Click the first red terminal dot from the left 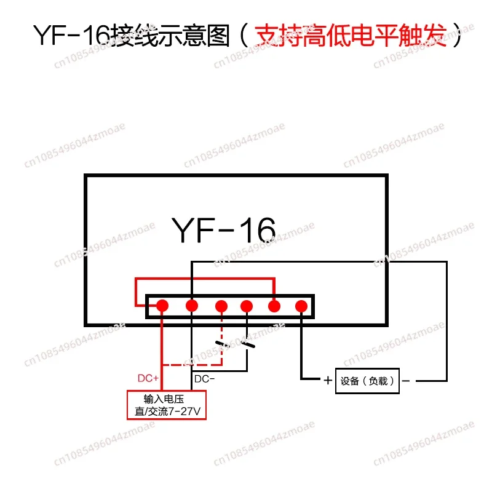(x=162, y=306)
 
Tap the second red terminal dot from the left (x=192, y=306)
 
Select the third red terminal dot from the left (x=221, y=306)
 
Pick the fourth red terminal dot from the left (x=247, y=306)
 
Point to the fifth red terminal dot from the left (x=274, y=306)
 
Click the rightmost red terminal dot (x=301, y=306)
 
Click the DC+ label (x=148, y=378)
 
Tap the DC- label (x=204, y=379)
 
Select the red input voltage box (x=167, y=405)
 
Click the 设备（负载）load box (x=367, y=381)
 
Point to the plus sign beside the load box (x=328, y=381)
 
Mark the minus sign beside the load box (x=406, y=381)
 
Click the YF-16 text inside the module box (x=223, y=230)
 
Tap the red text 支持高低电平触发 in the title (x=351, y=35)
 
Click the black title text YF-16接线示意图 (x=132, y=36)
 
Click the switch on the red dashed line (x=222, y=344)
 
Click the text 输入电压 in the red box (x=164, y=399)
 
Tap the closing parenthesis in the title (x=458, y=35)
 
